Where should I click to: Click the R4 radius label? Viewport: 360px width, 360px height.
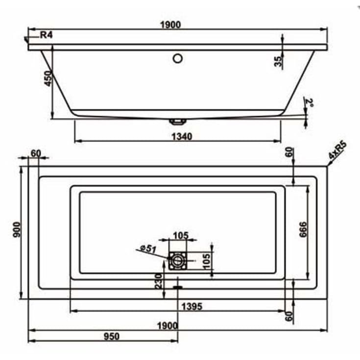(x=47, y=35)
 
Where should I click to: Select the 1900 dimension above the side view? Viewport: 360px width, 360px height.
(x=170, y=25)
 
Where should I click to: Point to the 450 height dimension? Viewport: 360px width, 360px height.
(x=48, y=78)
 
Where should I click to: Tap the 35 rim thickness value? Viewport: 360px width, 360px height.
(x=278, y=61)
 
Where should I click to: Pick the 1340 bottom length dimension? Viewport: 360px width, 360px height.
(x=182, y=137)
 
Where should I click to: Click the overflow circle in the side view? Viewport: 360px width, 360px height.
(x=178, y=58)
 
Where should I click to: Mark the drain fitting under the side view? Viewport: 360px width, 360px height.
(x=178, y=121)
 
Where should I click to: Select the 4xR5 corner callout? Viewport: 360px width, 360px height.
(x=337, y=150)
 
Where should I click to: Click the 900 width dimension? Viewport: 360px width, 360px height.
(x=17, y=230)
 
